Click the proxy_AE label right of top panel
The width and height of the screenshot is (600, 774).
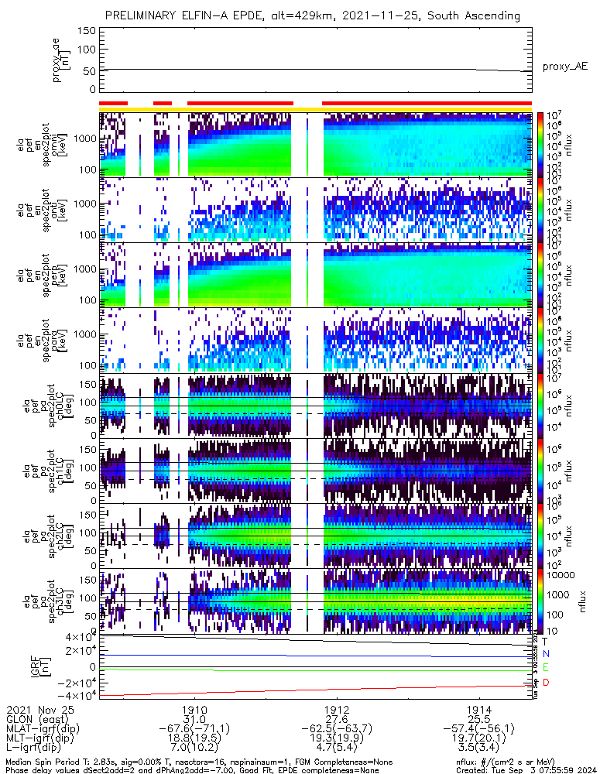564,67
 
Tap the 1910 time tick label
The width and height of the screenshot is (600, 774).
194,709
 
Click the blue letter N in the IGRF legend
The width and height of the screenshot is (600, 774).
546,654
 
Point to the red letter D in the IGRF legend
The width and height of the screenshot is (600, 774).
546,682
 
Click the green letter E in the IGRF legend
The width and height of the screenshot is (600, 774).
546,667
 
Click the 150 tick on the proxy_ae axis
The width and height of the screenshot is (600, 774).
87,31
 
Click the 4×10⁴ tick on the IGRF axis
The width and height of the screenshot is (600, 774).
80,637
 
